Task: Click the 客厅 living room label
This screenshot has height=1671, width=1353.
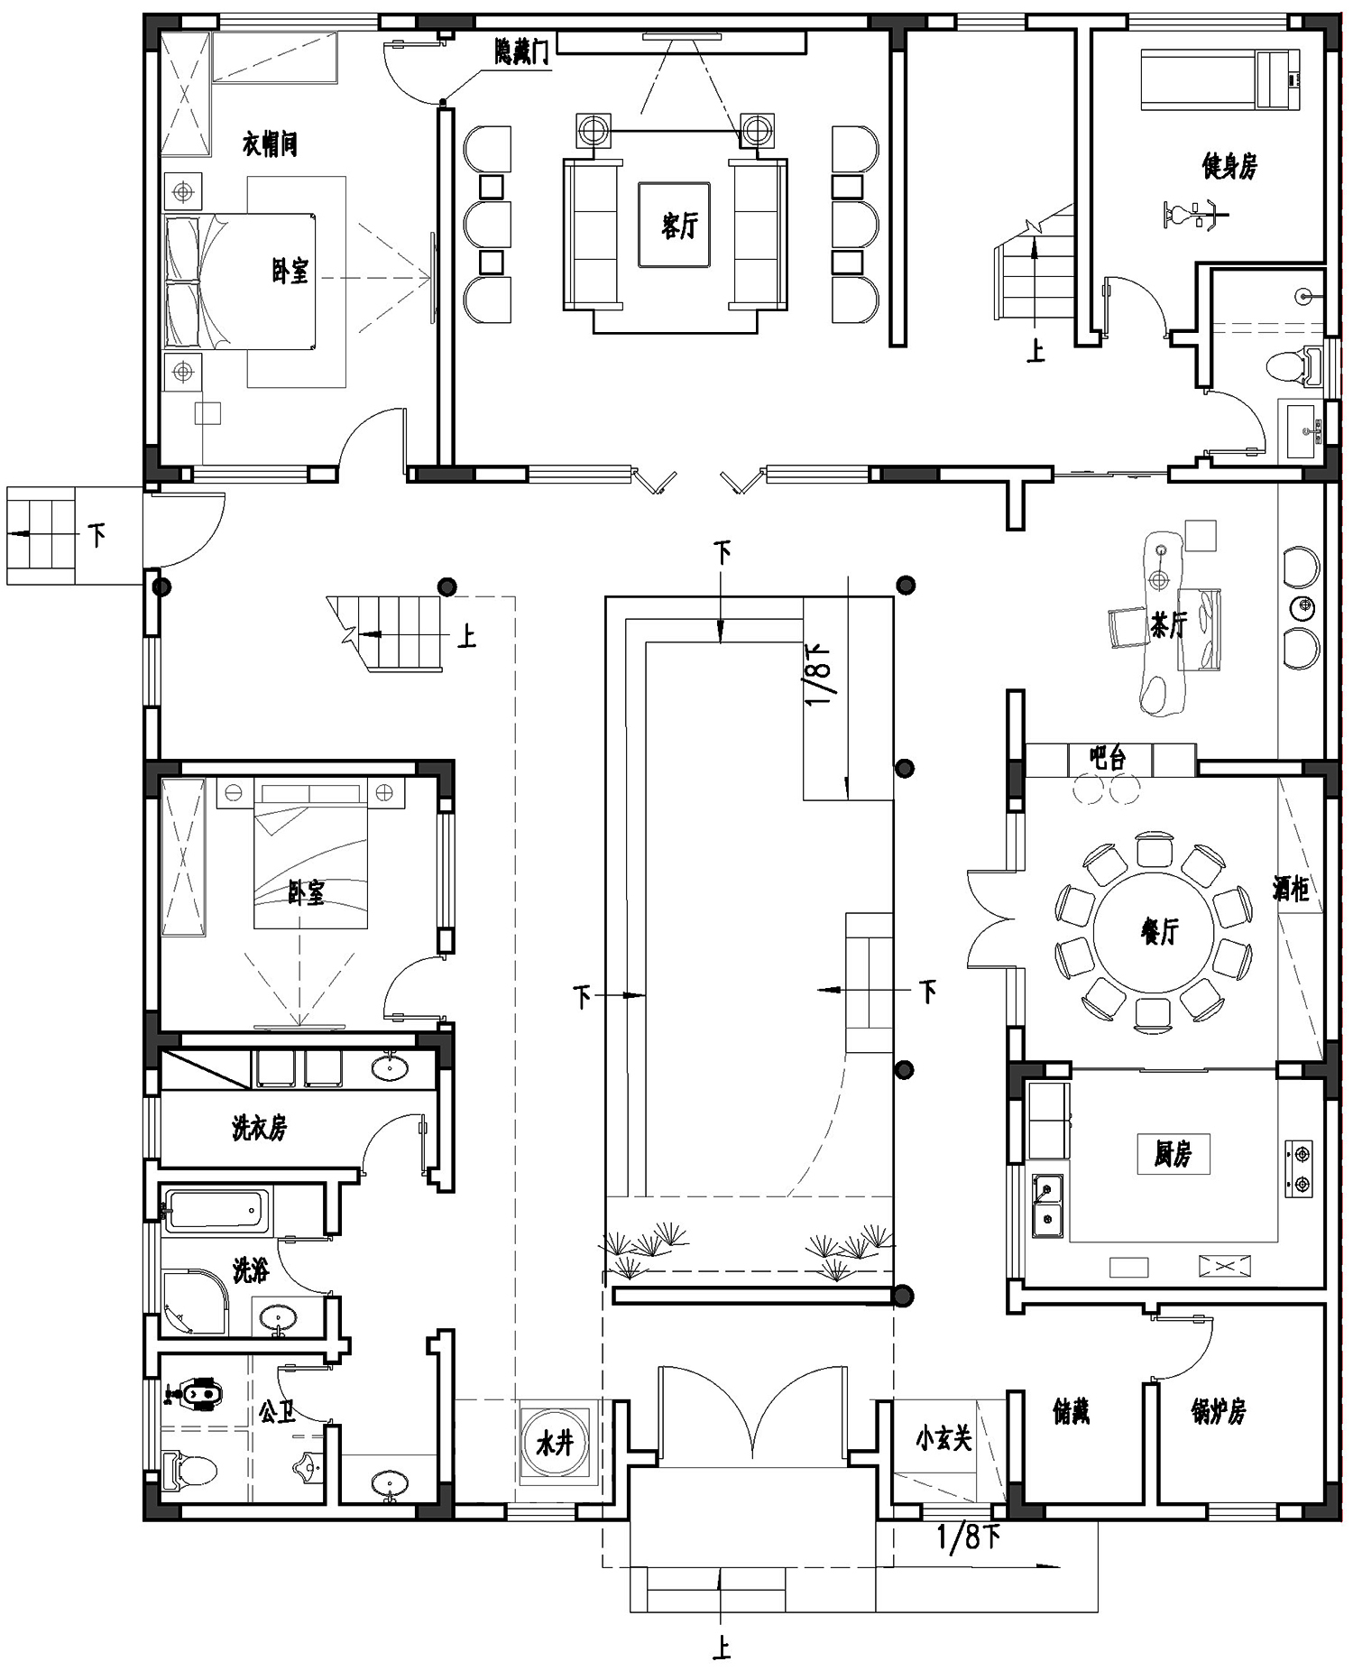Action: [679, 225]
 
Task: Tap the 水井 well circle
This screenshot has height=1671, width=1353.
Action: [555, 1443]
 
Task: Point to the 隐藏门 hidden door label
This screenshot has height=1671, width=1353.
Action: [521, 53]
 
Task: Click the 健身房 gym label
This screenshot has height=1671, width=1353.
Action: [1229, 166]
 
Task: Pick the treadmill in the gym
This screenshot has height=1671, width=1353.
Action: [1220, 79]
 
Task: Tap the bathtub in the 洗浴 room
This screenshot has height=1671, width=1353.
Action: [216, 1210]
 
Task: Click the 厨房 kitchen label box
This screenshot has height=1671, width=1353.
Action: [1173, 1153]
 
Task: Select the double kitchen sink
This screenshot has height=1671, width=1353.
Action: [1046, 1205]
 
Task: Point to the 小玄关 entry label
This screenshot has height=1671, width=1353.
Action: [943, 1438]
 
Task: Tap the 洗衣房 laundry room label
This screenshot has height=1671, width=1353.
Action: [259, 1127]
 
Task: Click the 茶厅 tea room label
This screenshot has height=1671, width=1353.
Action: [1169, 624]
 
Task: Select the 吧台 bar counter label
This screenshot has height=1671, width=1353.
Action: [1108, 758]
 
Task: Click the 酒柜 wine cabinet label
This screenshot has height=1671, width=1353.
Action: [1291, 889]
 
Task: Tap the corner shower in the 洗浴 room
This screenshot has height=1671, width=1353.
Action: [194, 1302]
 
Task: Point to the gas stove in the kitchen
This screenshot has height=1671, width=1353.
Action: [1299, 1168]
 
